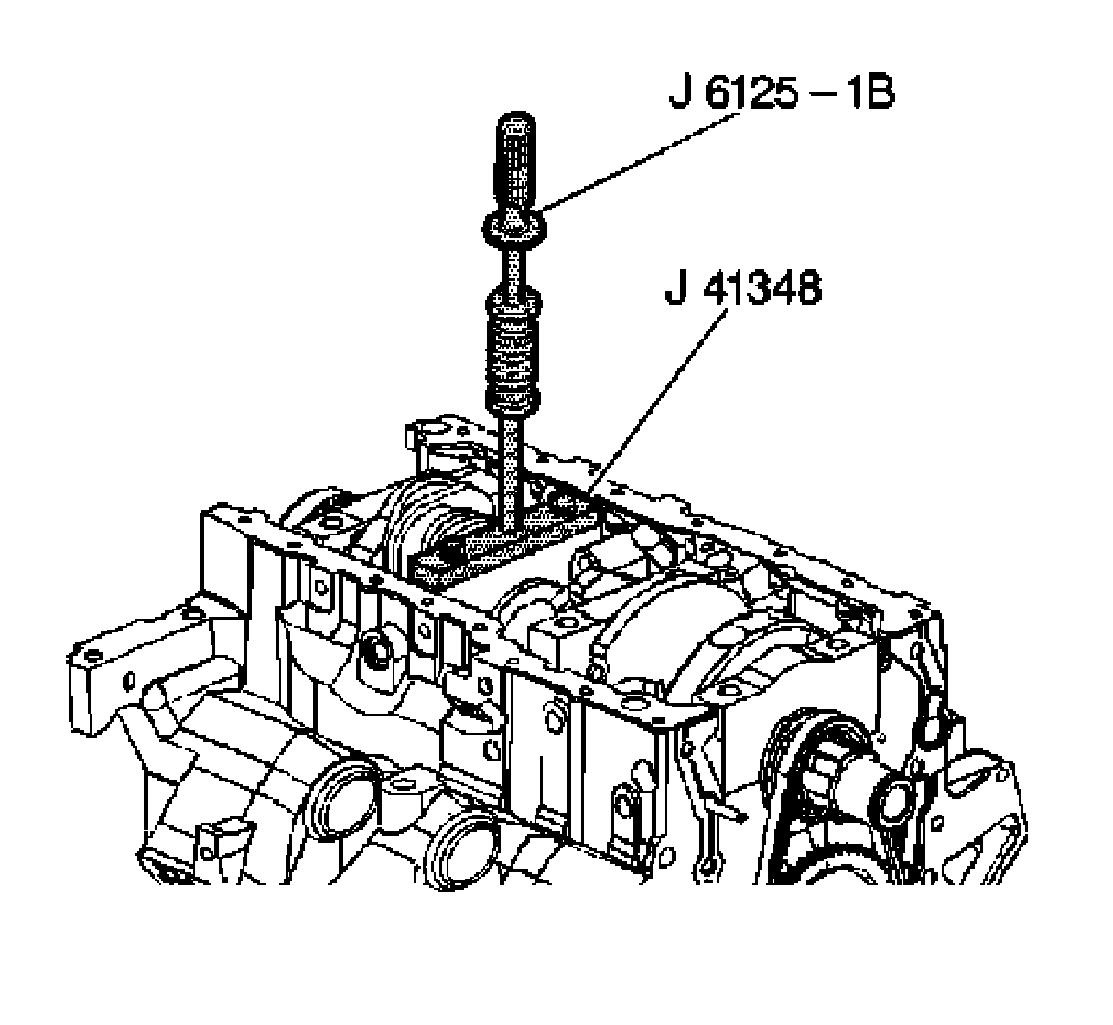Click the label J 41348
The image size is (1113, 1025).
[742, 290]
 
